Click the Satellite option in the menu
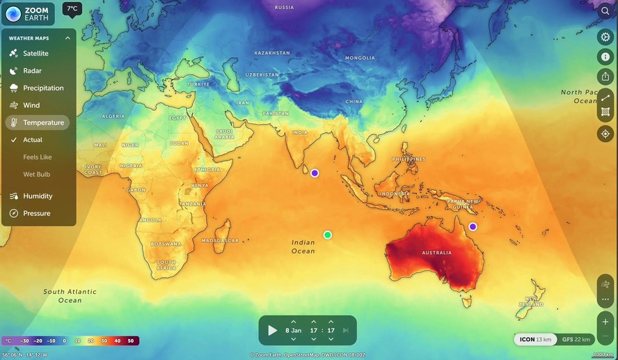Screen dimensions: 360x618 tap(35, 54)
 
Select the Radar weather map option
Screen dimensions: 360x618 tap(32, 71)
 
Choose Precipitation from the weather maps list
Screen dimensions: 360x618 tap(43, 88)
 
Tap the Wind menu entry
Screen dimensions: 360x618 tap(31, 105)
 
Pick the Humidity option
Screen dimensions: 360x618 tap(38, 196)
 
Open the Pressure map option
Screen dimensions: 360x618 tap(36, 214)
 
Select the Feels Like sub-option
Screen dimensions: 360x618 tap(38, 157)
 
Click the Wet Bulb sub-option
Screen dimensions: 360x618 tap(37, 174)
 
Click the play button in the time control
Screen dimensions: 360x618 tap(273, 330)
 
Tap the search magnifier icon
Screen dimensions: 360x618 tap(605, 11)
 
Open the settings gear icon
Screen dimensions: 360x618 tap(605, 37)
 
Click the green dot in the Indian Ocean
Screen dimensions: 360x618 tap(328, 235)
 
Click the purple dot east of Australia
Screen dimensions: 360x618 tap(473, 226)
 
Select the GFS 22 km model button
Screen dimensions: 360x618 tap(576, 339)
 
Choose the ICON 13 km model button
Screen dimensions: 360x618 tap(536, 339)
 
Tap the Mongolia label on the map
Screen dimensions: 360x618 tap(360, 58)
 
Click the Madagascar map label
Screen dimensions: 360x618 tap(220, 241)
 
